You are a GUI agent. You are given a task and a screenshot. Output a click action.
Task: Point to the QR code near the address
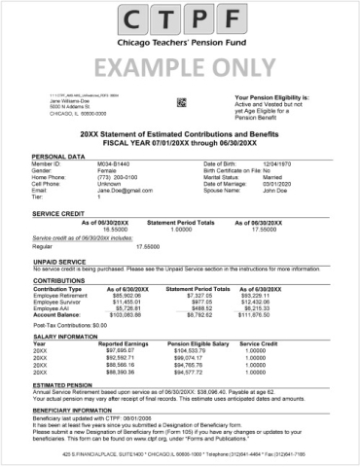coord(181,101)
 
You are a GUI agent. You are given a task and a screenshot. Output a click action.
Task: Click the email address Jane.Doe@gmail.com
coord(126,191)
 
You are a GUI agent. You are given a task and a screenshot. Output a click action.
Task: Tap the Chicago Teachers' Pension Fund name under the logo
coord(180,45)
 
